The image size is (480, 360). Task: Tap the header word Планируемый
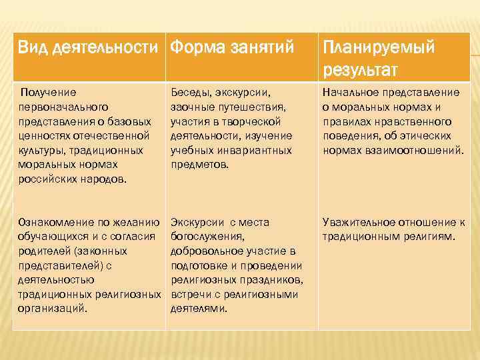click(x=378, y=48)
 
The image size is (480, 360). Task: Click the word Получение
click(x=49, y=92)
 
